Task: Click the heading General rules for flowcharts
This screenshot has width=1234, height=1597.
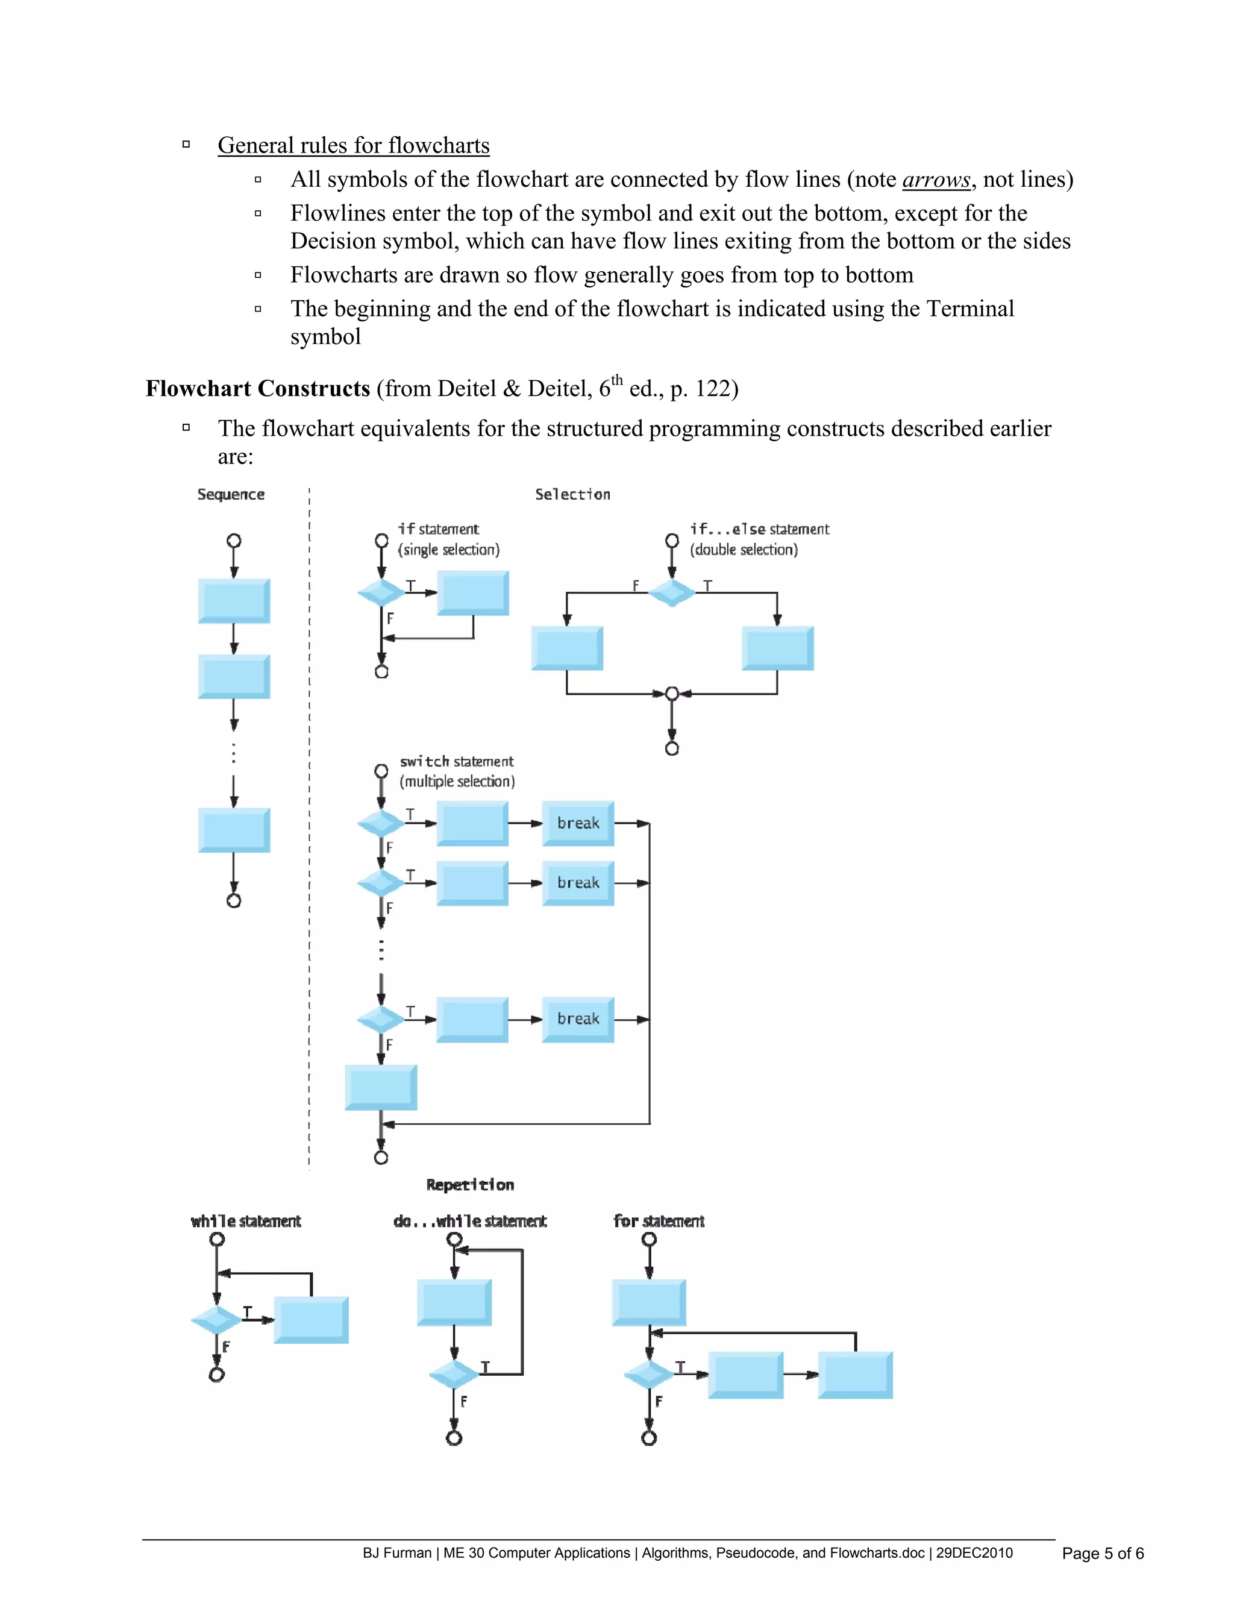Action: point(353,145)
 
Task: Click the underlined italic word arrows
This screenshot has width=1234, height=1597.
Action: point(936,180)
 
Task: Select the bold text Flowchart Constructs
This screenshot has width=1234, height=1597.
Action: point(257,388)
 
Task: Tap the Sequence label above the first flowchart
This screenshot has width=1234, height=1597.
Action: point(230,494)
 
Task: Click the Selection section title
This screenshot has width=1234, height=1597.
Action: point(572,494)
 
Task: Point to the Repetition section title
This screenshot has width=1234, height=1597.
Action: point(469,1185)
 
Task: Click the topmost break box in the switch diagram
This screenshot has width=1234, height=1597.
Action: point(577,823)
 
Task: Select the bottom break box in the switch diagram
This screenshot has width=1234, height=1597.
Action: point(577,1018)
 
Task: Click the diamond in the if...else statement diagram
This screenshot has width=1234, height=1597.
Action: point(672,592)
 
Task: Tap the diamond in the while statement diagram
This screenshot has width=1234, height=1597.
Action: point(216,1320)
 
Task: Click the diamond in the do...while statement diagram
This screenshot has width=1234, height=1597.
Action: point(454,1375)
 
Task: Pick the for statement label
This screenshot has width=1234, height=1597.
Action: point(659,1221)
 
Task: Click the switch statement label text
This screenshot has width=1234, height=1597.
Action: point(456,761)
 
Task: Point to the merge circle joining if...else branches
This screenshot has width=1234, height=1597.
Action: point(672,693)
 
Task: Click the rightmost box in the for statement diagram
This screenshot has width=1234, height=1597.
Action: point(854,1375)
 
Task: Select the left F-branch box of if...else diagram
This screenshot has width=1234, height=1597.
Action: point(566,648)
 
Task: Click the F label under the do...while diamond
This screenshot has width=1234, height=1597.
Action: point(463,1401)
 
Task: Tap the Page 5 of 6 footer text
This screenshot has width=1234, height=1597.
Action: point(1103,1553)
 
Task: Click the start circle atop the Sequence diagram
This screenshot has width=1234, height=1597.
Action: point(234,541)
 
